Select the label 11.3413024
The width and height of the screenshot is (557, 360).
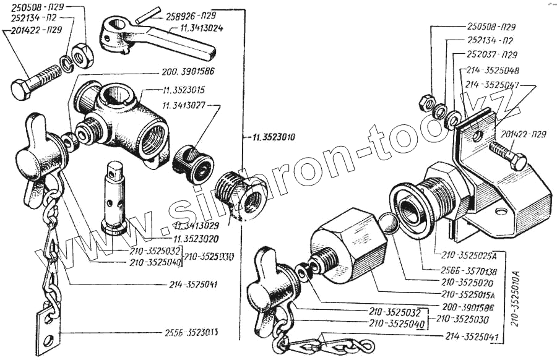pyautogui.click(x=202, y=28)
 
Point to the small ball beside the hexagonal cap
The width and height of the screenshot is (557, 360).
pyautogui.click(x=389, y=223)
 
